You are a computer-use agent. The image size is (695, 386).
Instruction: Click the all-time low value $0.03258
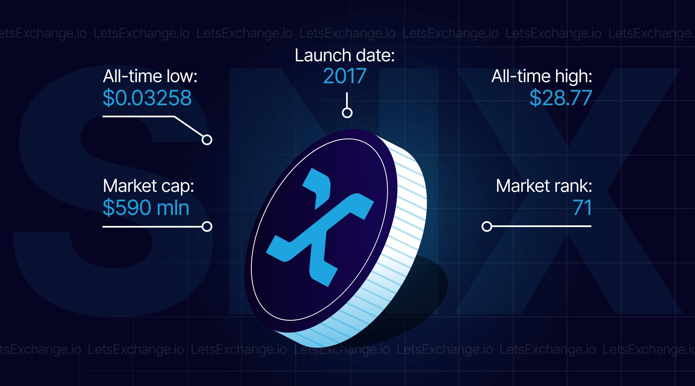[147, 98]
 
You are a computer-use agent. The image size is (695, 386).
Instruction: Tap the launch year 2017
[345, 76]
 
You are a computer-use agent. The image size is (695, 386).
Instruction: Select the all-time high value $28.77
[561, 98]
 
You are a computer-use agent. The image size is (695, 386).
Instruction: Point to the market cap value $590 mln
[146, 208]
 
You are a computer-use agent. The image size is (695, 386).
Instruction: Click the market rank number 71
[582, 208]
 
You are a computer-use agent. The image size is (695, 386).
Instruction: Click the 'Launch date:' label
[345, 55]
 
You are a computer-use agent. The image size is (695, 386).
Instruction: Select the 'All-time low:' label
[150, 76]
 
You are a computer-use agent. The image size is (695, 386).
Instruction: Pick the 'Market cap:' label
[148, 186]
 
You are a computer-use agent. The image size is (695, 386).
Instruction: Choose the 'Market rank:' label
[544, 186]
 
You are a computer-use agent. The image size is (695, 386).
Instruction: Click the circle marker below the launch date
[347, 113]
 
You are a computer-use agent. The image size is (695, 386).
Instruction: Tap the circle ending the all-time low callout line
[207, 140]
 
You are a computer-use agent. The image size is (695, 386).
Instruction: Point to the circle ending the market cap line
[207, 226]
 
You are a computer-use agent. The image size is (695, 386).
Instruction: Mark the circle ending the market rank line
[487, 226]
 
